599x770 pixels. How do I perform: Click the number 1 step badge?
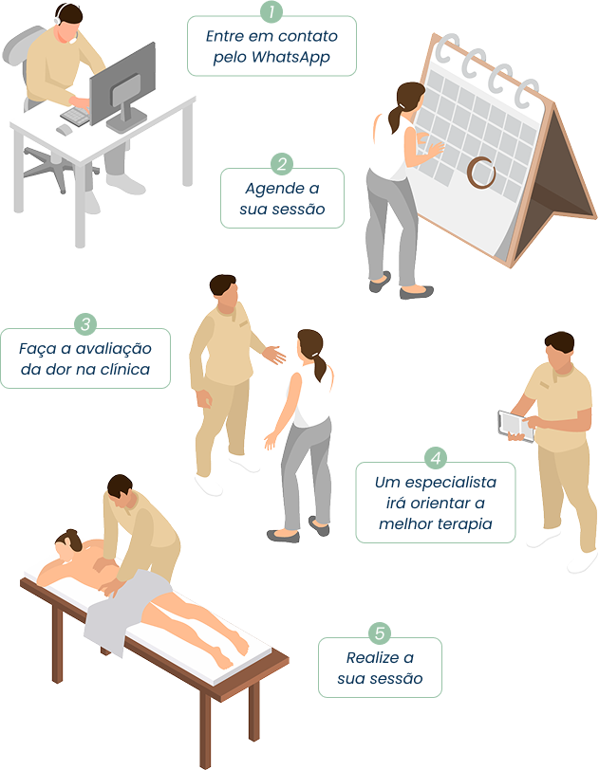click(271, 11)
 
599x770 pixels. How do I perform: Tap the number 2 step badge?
click(282, 164)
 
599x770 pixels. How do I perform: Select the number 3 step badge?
click(85, 324)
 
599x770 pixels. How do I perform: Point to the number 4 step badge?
click(436, 458)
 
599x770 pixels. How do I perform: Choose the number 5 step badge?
click(380, 633)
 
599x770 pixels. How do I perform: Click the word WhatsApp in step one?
click(290, 58)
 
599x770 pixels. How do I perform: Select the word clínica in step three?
click(125, 369)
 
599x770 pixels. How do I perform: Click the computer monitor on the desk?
click(122, 88)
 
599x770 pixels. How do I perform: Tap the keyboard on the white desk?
click(76, 117)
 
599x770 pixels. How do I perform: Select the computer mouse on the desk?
click(64, 130)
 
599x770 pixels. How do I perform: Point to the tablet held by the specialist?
click(515, 426)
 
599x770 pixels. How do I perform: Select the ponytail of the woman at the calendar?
click(397, 116)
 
